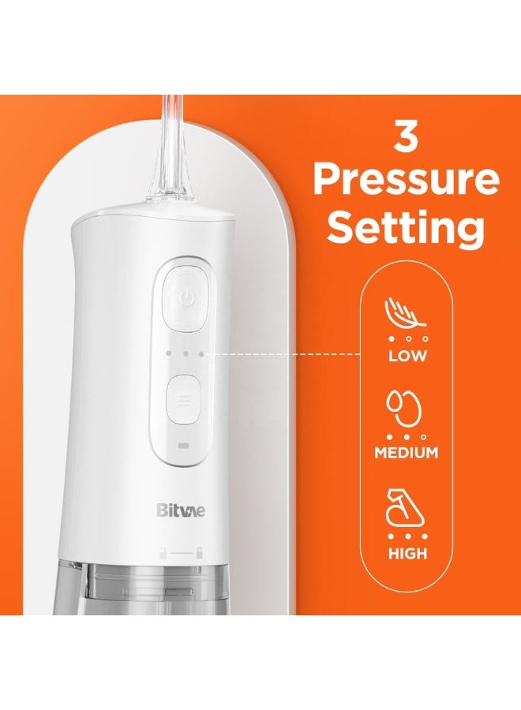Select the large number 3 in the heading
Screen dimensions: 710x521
(x=406, y=139)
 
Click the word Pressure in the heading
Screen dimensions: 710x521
(x=406, y=181)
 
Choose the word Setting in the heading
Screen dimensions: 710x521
(x=406, y=228)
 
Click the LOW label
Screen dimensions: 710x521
(x=407, y=355)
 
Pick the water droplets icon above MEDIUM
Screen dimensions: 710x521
(x=406, y=408)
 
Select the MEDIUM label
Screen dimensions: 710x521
(x=407, y=453)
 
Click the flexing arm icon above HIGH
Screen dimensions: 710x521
(x=406, y=509)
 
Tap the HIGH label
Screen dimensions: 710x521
(x=407, y=553)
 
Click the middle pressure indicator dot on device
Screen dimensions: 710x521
(x=186, y=354)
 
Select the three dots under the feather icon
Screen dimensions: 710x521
(x=407, y=338)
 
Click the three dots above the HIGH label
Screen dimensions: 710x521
(x=407, y=536)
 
